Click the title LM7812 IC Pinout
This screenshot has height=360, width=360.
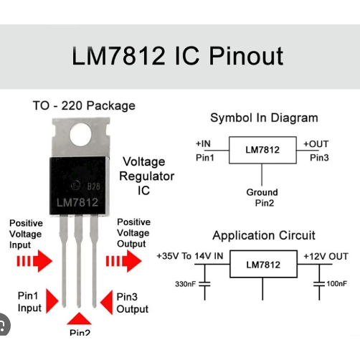coord(177,56)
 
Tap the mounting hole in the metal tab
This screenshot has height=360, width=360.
coord(81,134)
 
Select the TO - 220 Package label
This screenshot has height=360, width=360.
coord(83,105)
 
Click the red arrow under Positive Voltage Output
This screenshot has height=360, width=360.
coord(126,262)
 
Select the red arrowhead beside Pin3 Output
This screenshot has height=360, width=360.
coord(105,302)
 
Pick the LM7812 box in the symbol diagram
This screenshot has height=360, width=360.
coord(262,150)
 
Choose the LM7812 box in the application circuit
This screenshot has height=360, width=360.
coord(263,265)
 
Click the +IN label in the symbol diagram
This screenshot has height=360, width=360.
coord(204,143)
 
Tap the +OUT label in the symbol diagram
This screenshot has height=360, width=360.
coord(316,143)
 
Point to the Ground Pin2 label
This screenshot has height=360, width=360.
coord(262,198)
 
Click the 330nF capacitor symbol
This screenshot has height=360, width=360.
coord(204,284)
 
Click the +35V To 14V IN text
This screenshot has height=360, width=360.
coord(190,256)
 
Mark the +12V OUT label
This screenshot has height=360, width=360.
coord(326,256)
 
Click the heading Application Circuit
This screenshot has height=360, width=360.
coord(264,235)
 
